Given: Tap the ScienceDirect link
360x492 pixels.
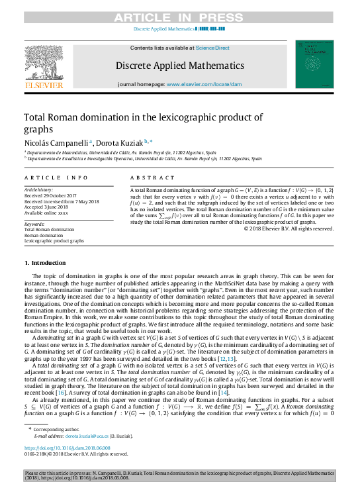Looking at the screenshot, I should [212, 48].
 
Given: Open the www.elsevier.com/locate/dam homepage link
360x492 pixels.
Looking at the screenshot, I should [204, 85].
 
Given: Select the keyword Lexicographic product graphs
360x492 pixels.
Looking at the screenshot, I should [54, 241].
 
